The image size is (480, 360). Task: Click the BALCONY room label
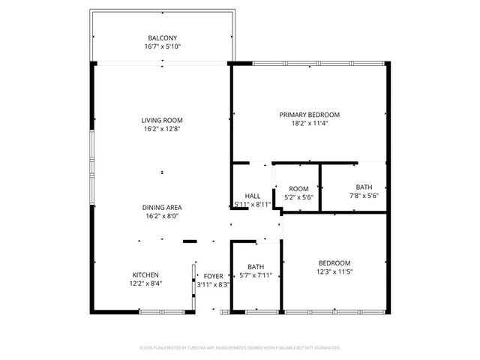[162, 37]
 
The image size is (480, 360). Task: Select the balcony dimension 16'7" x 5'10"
[162, 46]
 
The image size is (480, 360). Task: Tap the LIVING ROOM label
[162, 120]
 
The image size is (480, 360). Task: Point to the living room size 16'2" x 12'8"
[162, 129]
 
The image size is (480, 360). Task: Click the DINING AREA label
[162, 207]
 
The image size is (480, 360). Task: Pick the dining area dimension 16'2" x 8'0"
[162, 216]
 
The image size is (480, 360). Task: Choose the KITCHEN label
[146, 274]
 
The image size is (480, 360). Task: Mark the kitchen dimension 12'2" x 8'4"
[146, 283]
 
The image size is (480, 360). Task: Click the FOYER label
[214, 275]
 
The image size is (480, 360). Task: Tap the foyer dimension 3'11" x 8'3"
[214, 284]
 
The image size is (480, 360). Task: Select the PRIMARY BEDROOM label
[310, 115]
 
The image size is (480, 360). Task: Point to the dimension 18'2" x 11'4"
[310, 124]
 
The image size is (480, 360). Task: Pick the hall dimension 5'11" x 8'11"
[253, 204]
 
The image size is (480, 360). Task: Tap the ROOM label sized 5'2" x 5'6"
[298, 188]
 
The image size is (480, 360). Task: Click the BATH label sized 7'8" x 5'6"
[364, 187]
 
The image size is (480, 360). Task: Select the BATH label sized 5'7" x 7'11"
[256, 266]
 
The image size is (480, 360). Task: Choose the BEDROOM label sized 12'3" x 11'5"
[334, 262]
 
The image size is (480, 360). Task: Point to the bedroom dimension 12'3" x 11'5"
[334, 271]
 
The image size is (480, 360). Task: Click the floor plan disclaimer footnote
[240, 348]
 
